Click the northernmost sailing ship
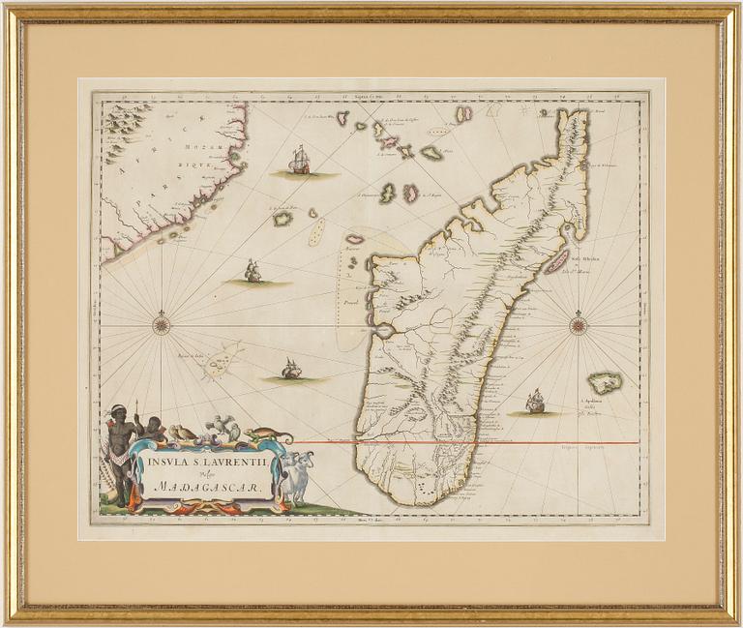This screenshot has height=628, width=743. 300,161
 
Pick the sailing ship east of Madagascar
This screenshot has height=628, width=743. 534,402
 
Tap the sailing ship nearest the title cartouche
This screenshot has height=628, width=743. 290,369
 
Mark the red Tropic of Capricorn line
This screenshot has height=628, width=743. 464,443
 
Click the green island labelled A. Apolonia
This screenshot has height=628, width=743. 607,382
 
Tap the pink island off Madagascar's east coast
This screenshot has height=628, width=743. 556,260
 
